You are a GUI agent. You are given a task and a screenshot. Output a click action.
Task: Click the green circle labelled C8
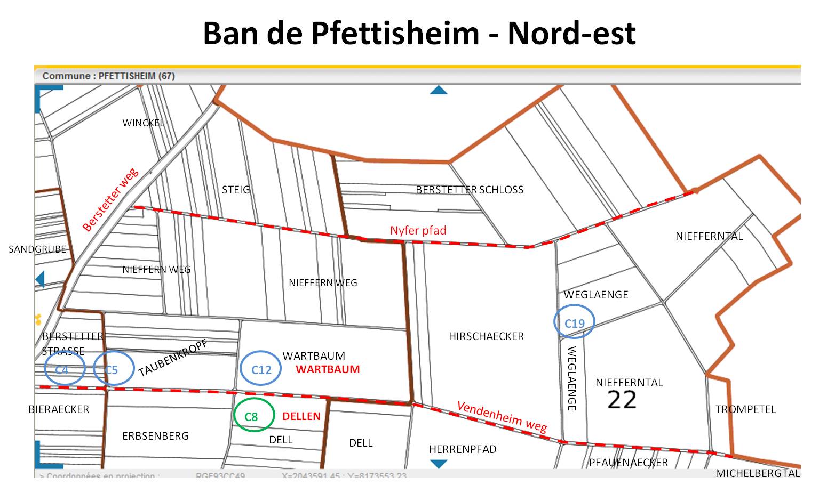tap(254, 415)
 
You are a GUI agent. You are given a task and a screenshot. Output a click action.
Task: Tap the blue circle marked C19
tap(574, 322)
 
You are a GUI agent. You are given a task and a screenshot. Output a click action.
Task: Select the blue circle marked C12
tap(261, 368)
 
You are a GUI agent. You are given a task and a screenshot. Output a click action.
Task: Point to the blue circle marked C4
tap(64, 368)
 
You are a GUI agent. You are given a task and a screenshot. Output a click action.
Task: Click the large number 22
tap(622, 400)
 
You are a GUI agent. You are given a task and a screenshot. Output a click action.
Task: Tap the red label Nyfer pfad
tap(418, 230)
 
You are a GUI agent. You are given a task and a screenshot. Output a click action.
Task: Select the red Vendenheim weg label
tap(502, 416)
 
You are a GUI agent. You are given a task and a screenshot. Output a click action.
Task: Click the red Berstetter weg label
tap(110, 199)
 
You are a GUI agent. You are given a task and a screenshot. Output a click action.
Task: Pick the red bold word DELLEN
tap(301, 416)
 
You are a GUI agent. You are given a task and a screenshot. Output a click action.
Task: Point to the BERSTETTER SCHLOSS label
tap(470, 190)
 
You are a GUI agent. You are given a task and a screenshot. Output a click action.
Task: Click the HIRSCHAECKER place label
tap(486, 336)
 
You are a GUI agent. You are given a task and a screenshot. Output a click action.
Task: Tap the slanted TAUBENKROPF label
tap(172, 358)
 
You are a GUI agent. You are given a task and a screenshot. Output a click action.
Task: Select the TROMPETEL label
tap(745, 409)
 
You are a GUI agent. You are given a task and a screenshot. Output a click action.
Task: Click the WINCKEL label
tap(143, 123)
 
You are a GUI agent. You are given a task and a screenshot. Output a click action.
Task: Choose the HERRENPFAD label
tap(463, 449)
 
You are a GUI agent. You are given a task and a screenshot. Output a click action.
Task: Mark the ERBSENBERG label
tap(155, 436)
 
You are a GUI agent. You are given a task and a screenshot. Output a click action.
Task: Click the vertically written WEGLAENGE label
tap(571, 378)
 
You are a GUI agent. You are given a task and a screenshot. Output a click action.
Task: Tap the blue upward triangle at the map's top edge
tap(439, 90)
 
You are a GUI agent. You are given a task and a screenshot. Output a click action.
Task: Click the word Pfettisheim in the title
tap(395, 33)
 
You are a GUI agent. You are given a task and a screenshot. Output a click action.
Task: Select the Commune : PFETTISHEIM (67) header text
tap(108, 76)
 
